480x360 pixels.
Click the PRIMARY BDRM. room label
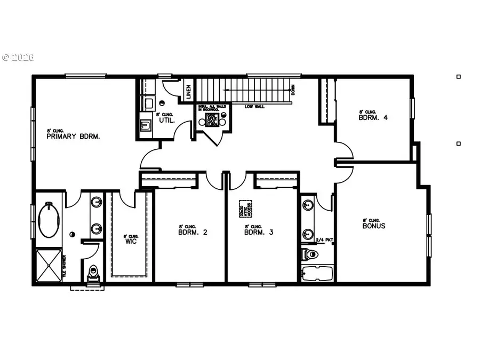pos(73,136)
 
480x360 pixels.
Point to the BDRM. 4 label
pos(373,118)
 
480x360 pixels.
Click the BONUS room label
pos(373,226)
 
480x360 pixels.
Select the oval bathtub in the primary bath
pos(49,220)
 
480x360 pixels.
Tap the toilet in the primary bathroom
pos(93,273)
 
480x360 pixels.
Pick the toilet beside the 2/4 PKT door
pos(309,254)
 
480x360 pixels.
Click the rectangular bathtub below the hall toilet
pos(317,274)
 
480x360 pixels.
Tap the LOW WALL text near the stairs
pos(255,106)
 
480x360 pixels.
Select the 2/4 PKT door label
pos(324,240)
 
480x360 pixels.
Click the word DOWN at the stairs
pos(293,90)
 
